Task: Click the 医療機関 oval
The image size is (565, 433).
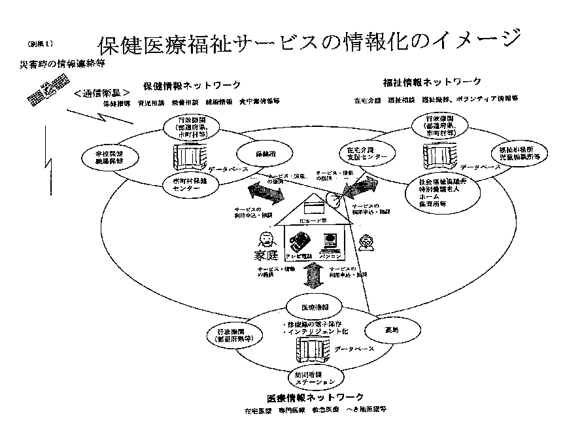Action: point(311,306)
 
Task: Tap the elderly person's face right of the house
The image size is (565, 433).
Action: point(366,245)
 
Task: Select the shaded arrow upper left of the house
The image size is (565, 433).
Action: point(265,194)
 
